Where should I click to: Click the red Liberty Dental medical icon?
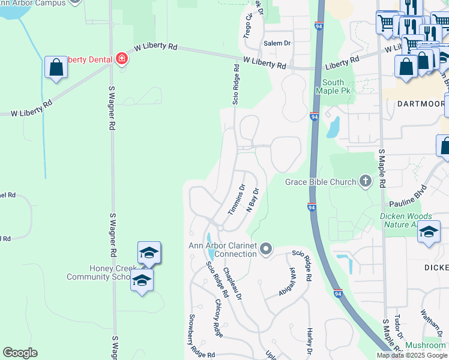pyautogui.click(x=122, y=59)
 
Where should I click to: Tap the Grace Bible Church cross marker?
pyautogui.click(x=365, y=181)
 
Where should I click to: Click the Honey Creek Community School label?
pyautogui.click(x=98, y=272)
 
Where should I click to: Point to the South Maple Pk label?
pyautogui.click(x=333, y=86)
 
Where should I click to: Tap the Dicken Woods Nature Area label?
pyautogui.click(x=406, y=220)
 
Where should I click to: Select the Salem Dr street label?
pyautogui.click(x=277, y=43)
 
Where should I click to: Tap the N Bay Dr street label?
pyautogui.click(x=253, y=199)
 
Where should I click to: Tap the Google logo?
pyautogui.click(x=20, y=353)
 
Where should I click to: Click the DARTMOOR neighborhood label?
pyautogui.click(x=420, y=103)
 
